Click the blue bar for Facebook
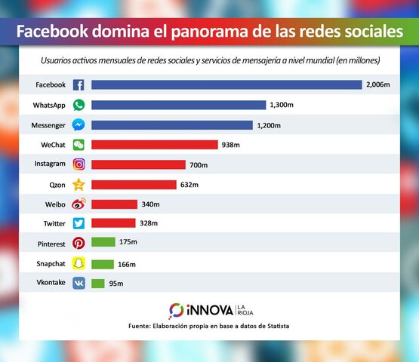(226, 84)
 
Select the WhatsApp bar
(178, 105)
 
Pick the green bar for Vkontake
(97, 283)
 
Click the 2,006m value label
(377, 84)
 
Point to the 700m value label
(199, 164)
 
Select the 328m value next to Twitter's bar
(149, 223)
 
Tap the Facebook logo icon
(79, 85)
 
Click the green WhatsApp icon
(79, 105)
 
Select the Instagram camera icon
(79, 164)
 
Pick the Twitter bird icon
(79, 223)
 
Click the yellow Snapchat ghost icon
(79, 263)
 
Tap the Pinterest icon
(79, 243)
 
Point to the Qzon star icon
(79, 184)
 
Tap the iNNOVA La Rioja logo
(209, 310)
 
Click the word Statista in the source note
(275, 326)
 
